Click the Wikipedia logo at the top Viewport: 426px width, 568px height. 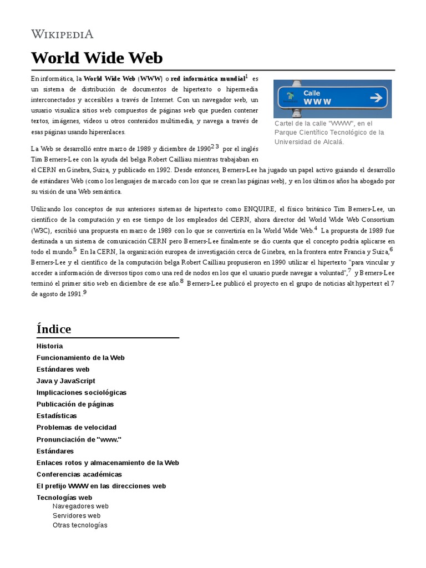pos(62,34)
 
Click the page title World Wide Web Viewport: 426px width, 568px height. pos(97,58)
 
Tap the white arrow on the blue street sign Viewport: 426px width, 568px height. pos(376,98)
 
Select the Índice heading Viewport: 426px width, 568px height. pos(54,329)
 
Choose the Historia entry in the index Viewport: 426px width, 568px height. pos(49,346)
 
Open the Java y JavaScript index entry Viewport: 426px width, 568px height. pos(65,381)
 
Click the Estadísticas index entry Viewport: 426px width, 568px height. pos(57,416)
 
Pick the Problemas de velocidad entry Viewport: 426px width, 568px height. pos(77,428)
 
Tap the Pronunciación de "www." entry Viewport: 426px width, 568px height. pos(79,439)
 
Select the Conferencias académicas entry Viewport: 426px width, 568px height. pos(79,474)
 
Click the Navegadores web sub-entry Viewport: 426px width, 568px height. pos(80,506)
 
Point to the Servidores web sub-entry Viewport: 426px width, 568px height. pos(77,516)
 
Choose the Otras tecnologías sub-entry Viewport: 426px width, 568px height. pos(80,525)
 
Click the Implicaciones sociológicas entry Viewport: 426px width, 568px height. pos(82,393)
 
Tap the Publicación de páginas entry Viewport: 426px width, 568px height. pos(75,404)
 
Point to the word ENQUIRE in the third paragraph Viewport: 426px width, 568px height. pos(259,209)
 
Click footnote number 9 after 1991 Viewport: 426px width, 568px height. pos(85,292)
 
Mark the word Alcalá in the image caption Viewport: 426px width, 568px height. pos(333,142)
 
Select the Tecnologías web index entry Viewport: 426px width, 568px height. pos(64,498)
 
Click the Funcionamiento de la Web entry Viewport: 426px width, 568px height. pos(80,358)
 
